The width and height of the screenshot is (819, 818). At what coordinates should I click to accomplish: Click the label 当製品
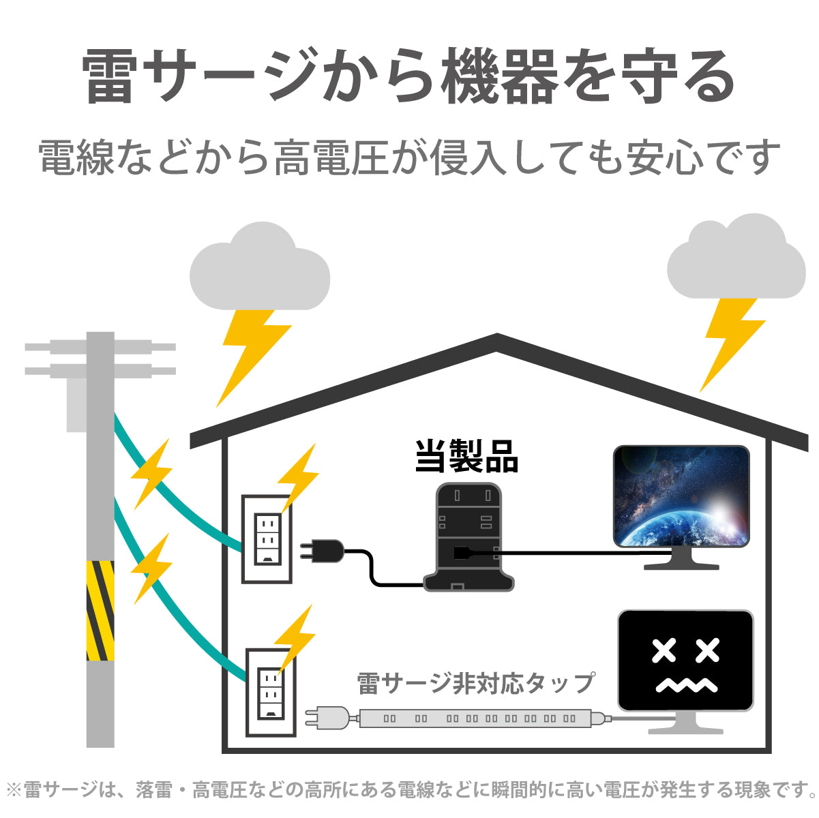tap(467, 457)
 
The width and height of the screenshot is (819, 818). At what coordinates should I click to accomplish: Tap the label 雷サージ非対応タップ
tap(475, 682)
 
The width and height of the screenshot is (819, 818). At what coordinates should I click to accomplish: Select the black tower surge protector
tap(468, 539)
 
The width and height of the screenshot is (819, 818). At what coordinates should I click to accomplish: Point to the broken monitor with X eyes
tap(685, 661)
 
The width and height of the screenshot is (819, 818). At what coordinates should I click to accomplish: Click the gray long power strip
tap(477, 718)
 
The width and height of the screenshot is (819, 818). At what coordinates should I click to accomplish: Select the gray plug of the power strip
tap(327, 718)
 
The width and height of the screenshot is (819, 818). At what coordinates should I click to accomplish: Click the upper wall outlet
tap(267, 539)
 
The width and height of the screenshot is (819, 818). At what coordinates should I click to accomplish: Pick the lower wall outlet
tap(271, 693)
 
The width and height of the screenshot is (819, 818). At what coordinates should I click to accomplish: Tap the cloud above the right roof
tap(736, 260)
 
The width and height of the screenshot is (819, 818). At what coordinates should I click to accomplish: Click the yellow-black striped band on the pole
tap(100, 611)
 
